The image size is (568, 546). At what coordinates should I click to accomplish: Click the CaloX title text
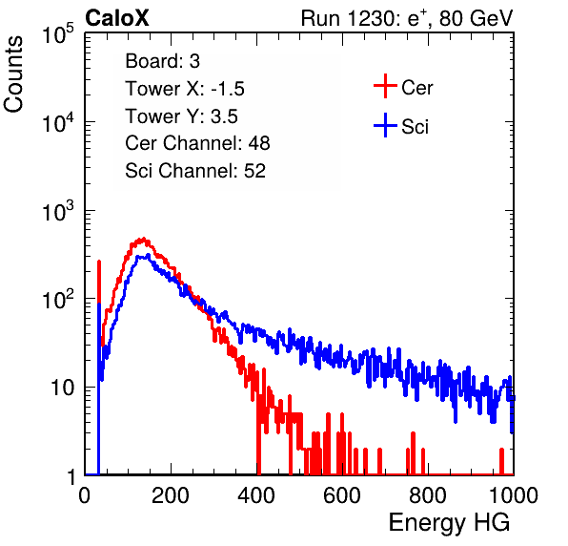coord(116,18)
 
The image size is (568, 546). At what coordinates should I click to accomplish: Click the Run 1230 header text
coord(407,18)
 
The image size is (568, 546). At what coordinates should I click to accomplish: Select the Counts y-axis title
coord(13,74)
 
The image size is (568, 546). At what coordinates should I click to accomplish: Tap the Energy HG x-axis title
coord(449,522)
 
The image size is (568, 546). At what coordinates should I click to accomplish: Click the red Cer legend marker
coord(385,86)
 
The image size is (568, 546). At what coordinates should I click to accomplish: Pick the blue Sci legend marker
coord(385,125)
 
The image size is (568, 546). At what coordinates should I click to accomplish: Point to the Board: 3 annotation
coord(162,61)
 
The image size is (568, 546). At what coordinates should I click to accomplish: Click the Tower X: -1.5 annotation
coord(185,89)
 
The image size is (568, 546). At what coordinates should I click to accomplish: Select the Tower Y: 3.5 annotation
coord(181,116)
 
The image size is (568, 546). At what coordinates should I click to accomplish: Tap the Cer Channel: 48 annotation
coord(197,143)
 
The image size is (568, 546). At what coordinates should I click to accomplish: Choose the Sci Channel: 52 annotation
coord(195,171)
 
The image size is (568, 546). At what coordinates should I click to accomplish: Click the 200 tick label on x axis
coord(171,495)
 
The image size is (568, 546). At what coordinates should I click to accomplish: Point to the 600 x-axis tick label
coord(342,495)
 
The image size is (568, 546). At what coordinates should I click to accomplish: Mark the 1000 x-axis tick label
coord(514,495)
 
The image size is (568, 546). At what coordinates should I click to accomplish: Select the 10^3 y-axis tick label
coord(58,211)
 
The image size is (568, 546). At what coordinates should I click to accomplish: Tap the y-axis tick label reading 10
coord(62,388)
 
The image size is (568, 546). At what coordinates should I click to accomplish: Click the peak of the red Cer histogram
coord(144,239)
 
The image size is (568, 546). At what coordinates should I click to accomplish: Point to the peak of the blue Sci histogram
coord(148,255)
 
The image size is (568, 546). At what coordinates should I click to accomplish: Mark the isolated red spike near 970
coord(501,461)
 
